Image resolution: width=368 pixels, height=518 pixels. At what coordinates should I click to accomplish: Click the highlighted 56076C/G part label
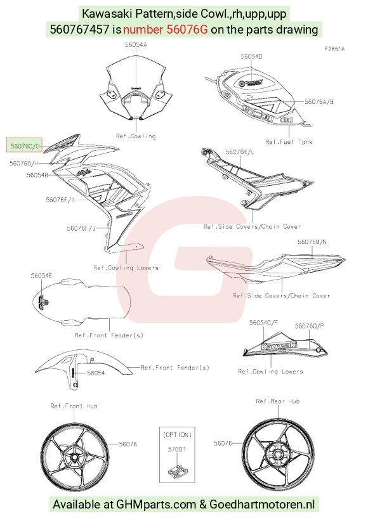tap(25, 146)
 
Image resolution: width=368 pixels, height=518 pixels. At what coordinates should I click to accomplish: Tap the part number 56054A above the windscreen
tap(136, 44)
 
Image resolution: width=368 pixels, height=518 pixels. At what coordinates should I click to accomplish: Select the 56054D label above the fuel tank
tap(251, 56)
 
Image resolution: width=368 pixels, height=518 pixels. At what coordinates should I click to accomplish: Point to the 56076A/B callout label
tap(319, 101)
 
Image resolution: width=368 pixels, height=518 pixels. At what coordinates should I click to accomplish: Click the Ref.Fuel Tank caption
tap(289, 142)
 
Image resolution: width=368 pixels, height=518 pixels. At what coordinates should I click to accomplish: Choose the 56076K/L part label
tap(240, 152)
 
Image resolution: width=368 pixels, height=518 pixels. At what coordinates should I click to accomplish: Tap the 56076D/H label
tap(24, 163)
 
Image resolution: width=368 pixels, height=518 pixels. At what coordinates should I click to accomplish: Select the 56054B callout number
tap(37, 175)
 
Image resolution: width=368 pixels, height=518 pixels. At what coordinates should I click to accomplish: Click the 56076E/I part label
tap(60, 200)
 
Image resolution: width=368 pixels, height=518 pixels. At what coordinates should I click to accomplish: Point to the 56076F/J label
tap(81, 228)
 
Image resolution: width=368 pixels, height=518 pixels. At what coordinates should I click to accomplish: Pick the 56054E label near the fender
tap(41, 276)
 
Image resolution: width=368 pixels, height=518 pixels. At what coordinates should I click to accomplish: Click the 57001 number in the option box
tap(176, 450)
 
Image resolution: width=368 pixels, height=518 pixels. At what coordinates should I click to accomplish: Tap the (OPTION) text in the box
tap(177, 435)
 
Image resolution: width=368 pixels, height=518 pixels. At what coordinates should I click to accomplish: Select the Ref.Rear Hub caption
tap(278, 401)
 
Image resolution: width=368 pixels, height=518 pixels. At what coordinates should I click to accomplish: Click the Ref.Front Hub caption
tap(74, 406)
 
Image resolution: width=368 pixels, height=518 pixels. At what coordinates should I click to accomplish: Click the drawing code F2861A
tap(334, 49)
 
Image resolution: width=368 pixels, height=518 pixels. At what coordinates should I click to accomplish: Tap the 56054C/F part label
tap(263, 323)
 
